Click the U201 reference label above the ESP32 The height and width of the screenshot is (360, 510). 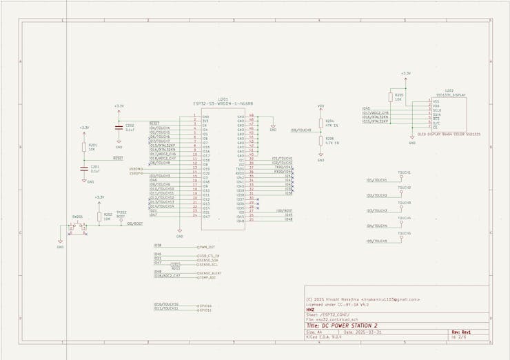[222, 99]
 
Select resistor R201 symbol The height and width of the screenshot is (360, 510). [84, 147]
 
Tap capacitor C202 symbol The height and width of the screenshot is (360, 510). [119, 128]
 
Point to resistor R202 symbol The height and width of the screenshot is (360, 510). [99, 216]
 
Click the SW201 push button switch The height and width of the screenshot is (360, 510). [78, 226]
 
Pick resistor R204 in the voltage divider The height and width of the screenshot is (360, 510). [320, 125]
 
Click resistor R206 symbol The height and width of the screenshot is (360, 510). [320, 142]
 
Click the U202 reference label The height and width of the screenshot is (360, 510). [449, 90]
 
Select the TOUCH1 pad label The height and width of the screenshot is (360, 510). [404, 172]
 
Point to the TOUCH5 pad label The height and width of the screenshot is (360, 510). [404, 233]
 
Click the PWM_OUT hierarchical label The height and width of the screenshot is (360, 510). [207, 246]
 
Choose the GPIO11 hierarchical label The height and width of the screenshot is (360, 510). [205, 310]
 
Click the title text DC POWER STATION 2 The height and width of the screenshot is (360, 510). [352, 325]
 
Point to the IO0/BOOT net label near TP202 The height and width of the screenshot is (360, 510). [134, 223]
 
